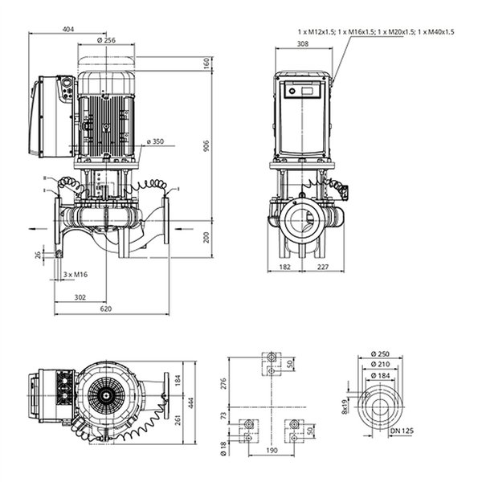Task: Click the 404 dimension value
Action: pyautogui.click(x=68, y=29)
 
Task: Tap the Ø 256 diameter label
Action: pyautogui.click(x=106, y=40)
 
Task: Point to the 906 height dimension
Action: pyautogui.click(x=206, y=145)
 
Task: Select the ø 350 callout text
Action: pyautogui.click(x=156, y=141)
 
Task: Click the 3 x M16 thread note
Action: pyautogui.click(x=76, y=275)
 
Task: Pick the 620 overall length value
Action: pyautogui.click(x=106, y=309)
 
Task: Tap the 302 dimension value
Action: pyautogui.click(x=80, y=297)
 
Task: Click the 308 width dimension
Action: pyautogui.click(x=303, y=44)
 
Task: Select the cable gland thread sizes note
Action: pyautogui.click(x=376, y=31)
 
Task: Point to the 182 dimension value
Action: pyautogui.click(x=284, y=267)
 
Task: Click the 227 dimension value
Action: pyautogui.click(x=323, y=267)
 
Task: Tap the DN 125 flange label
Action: pyautogui.click(x=402, y=431)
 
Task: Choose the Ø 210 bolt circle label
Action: pyautogui.click(x=380, y=364)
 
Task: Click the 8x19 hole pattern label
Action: pyautogui.click(x=345, y=406)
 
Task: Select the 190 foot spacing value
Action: pyautogui.click(x=272, y=451)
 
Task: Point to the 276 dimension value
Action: pyautogui.click(x=223, y=383)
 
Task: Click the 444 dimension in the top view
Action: pyautogui.click(x=191, y=403)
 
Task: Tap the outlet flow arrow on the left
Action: pyautogui.click(x=38, y=229)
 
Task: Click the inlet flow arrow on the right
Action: pyautogui.click(x=184, y=229)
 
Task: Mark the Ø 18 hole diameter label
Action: pyautogui.click(x=223, y=448)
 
